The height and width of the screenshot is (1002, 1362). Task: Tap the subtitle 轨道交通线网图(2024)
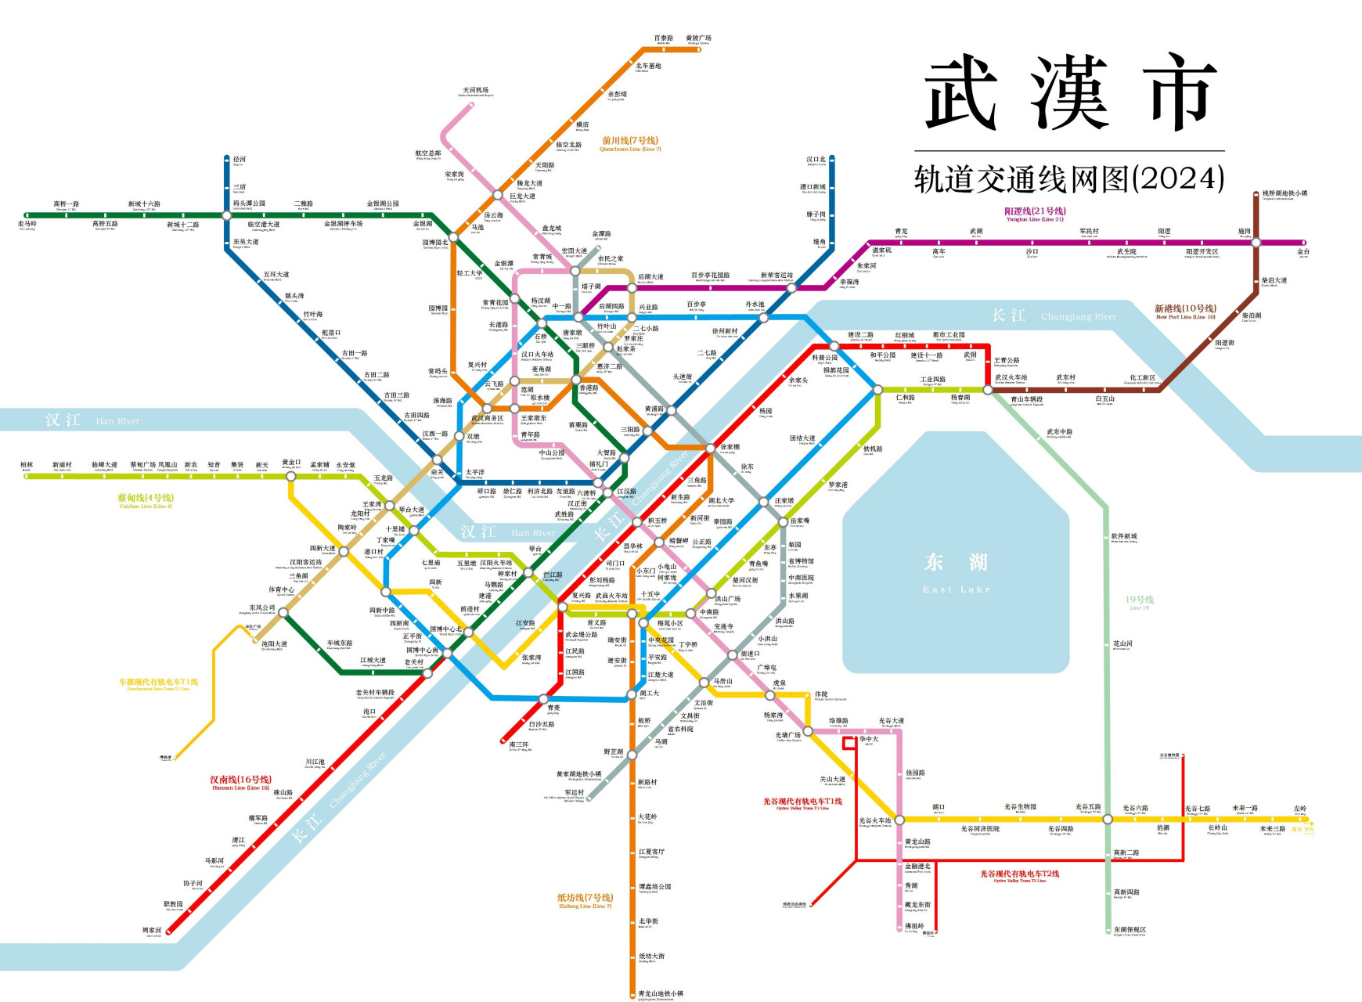1068,179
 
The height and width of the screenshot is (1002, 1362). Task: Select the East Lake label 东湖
956,563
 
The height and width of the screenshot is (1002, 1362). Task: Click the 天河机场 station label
475,91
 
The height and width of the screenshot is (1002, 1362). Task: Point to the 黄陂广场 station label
698,38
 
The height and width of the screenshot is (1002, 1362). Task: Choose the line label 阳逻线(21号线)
1035,211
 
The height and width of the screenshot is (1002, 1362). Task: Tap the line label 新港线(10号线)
1185,309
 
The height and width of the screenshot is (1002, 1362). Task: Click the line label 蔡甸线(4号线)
146,498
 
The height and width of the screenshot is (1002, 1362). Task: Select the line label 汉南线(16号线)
240,780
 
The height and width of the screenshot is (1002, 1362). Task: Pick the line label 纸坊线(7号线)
585,898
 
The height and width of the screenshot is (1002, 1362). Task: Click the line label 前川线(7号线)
630,141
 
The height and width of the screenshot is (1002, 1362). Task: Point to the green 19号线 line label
1139,600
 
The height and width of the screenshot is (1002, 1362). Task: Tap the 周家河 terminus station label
152,931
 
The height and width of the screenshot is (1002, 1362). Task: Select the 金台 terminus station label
1303,252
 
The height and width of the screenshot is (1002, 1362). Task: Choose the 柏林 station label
27,465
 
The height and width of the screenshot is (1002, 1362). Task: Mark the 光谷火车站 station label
874,821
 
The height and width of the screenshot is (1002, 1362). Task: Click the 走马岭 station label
27,224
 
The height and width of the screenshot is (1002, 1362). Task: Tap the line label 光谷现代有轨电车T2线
1019,874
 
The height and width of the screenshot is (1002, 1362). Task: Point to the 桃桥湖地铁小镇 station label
1284,193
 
